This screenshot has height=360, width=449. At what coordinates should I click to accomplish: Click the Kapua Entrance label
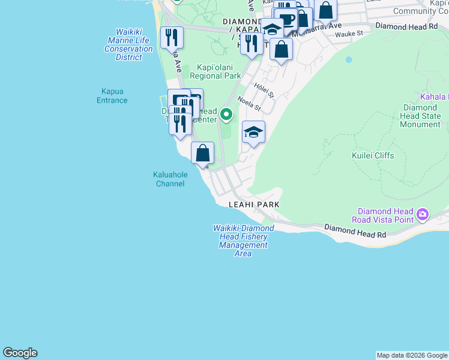tap(112, 96)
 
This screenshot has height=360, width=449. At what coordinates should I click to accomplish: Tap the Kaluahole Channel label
tap(170, 179)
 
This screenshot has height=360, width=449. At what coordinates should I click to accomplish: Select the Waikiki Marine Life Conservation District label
tap(128, 45)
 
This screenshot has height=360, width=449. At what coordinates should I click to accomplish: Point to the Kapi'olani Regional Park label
tap(215, 71)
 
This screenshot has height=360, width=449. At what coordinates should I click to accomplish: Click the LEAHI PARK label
tap(255, 205)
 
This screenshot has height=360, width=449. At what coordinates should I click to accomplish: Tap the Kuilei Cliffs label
tap(372, 155)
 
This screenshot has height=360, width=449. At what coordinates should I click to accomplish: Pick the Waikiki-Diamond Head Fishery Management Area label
tap(243, 241)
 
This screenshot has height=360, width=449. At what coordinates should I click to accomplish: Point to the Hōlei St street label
tap(263, 90)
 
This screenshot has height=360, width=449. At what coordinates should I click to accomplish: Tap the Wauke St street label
tap(349, 34)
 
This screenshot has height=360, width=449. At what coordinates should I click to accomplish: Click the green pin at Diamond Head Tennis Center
tap(226, 113)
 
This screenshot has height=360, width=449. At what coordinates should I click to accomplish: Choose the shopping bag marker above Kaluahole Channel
tap(203, 153)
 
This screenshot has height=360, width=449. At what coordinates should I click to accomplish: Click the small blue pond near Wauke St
tap(348, 60)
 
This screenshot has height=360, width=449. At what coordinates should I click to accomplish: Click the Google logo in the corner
tap(20, 353)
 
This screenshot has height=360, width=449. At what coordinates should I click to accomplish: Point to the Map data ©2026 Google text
tap(412, 355)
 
